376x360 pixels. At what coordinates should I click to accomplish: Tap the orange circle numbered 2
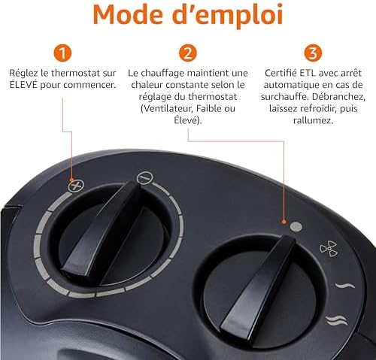pyautogui.click(x=188, y=53)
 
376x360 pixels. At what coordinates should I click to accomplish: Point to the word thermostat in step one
pyautogui.click(x=92, y=74)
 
